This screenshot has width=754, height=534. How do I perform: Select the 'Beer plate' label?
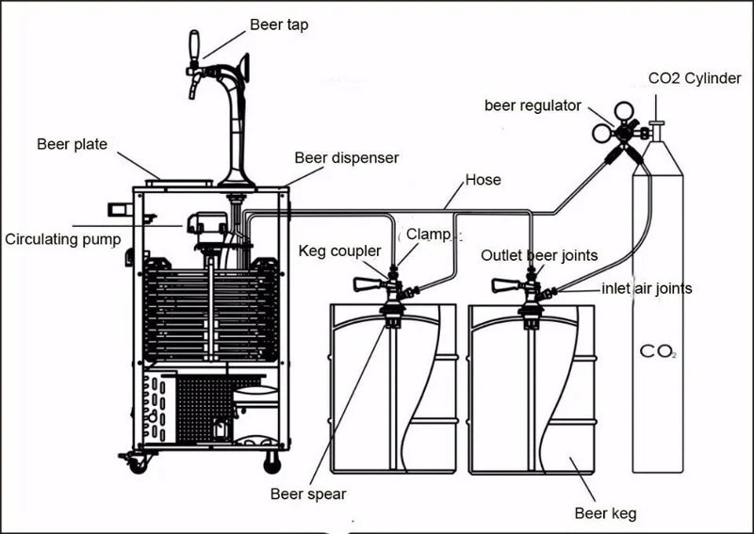(x=72, y=144)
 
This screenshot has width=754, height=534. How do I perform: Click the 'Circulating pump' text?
(x=63, y=239)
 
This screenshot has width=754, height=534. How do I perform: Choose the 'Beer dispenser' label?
(x=346, y=157)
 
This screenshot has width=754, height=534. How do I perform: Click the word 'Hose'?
(x=483, y=179)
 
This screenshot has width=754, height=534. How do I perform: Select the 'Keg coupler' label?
(x=339, y=251)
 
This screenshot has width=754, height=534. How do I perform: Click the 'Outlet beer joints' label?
(x=539, y=255)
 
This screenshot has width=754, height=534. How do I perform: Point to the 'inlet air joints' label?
(x=647, y=288)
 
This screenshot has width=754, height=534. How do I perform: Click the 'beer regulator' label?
(x=533, y=105)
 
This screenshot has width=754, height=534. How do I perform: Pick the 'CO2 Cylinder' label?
(x=695, y=78)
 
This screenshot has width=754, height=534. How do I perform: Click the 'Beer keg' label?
(x=605, y=513)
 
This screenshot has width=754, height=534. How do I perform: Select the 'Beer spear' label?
(x=307, y=494)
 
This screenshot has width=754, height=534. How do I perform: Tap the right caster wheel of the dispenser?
(x=272, y=463)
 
